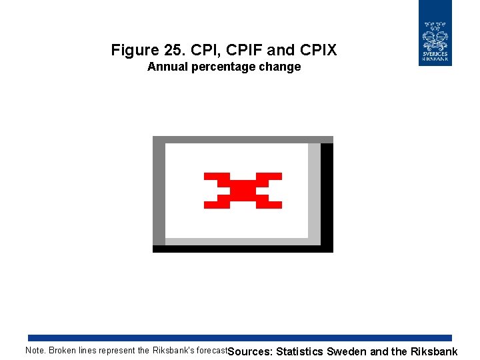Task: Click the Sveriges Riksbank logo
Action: tap(435, 33)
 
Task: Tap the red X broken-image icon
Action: tap(243, 191)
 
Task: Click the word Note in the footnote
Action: tap(35, 351)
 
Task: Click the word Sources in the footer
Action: tap(250, 351)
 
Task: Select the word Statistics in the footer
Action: tap(299, 351)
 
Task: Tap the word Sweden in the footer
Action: tap(346, 351)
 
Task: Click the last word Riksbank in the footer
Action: tap(434, 351)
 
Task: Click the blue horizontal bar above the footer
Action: tap(240, 338)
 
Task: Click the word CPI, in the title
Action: tap(205, 50)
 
